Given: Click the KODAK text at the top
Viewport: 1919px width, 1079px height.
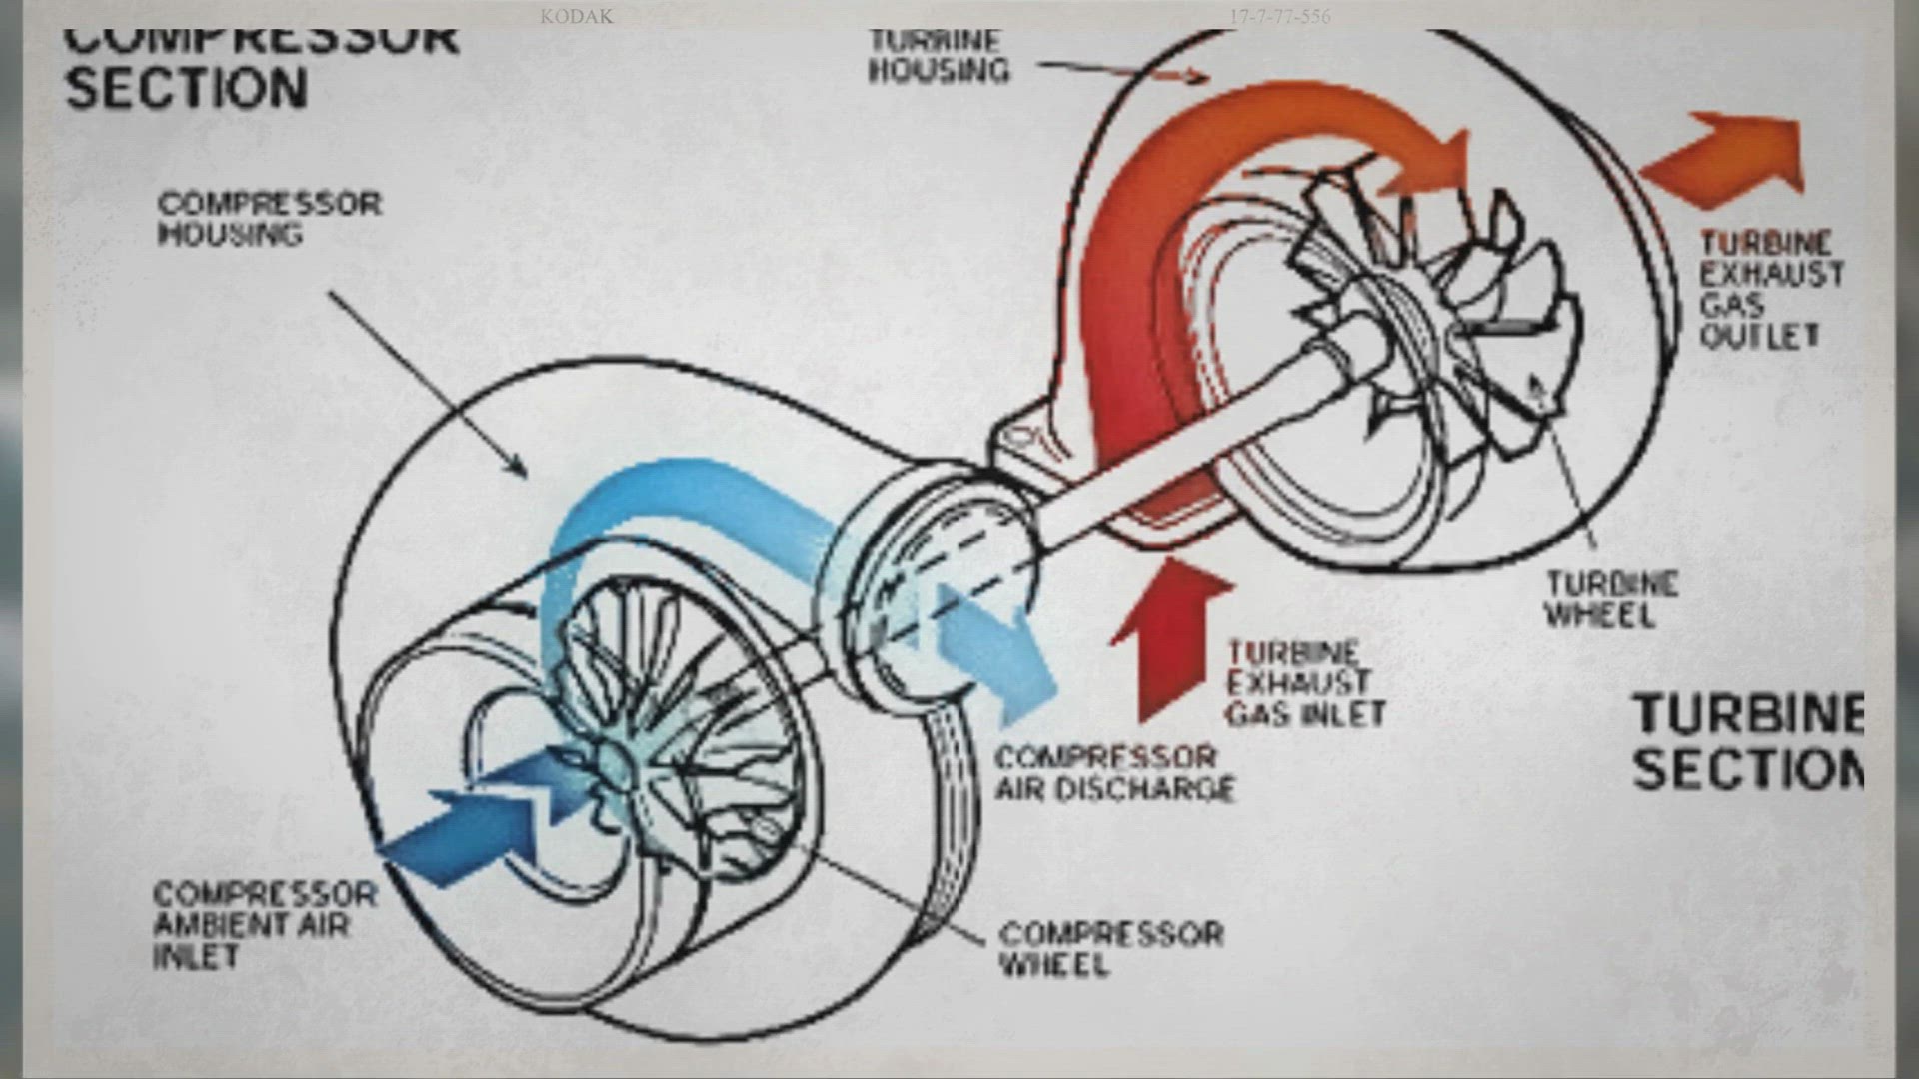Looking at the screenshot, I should click(x=576, y=16).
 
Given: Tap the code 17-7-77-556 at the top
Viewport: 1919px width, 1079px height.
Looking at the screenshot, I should click(x=1279, y=16).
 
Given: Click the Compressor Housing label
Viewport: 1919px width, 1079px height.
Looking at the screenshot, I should click(x=269, y=218).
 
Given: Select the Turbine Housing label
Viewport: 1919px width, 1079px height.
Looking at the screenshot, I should click(x=938, y=56).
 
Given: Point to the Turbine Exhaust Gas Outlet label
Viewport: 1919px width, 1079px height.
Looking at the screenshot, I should click(x=1771, y=290).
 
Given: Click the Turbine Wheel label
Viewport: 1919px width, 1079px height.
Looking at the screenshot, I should click(x=1610, y=599).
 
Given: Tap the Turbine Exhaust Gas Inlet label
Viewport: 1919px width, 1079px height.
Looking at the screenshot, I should click(x=1305, y=684).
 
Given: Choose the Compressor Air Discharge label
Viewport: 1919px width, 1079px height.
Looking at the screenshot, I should click(x=1113, y=773).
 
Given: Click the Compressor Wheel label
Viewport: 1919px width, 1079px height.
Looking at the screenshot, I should click(x=1110, y=949).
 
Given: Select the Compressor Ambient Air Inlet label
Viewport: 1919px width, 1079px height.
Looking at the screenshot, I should click(x=264, y=924).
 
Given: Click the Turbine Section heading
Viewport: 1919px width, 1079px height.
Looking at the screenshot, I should click(x=1747, y=741).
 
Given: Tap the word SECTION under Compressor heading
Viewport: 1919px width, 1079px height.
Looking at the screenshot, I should click(x=186, y=88).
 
